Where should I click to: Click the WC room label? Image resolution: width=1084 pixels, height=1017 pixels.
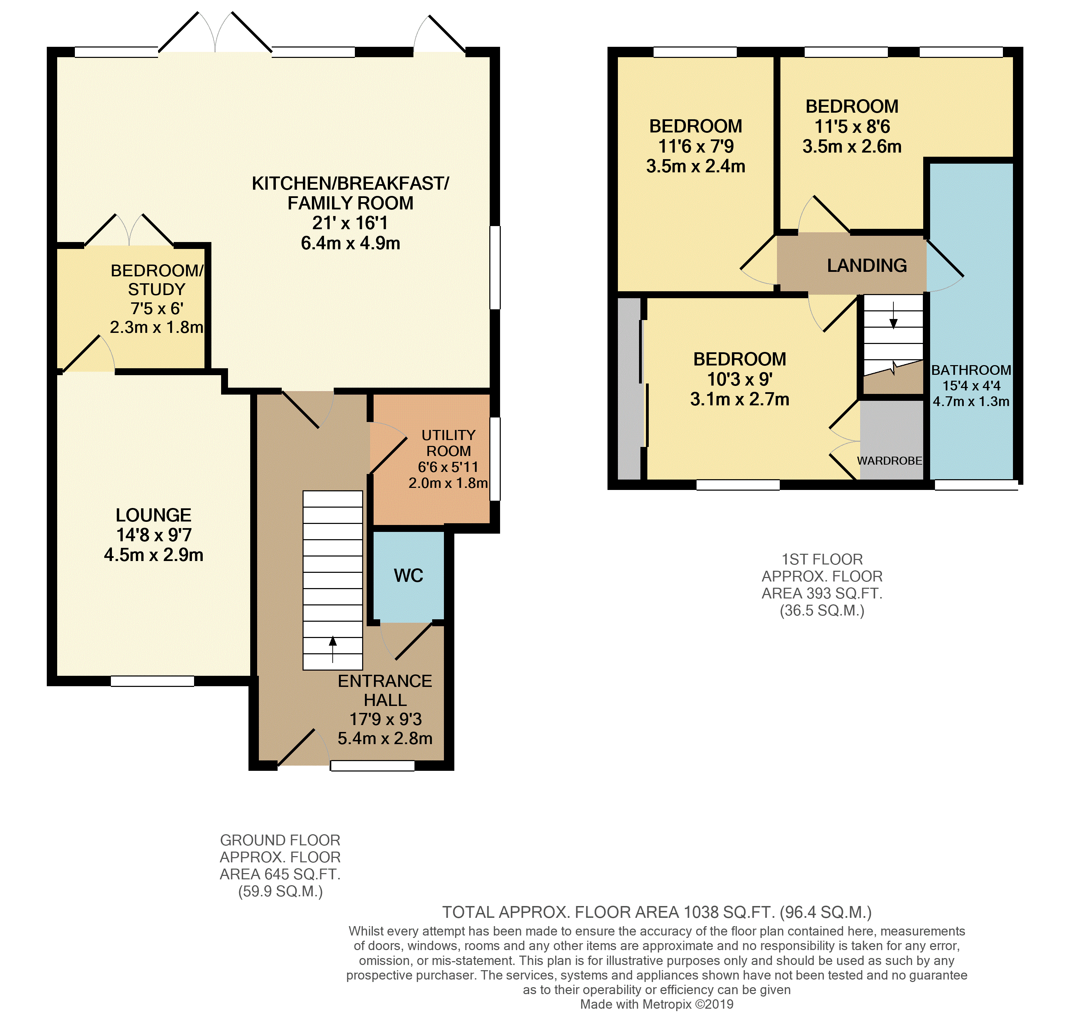pos(409,576)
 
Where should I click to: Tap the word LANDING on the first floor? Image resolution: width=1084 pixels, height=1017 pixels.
pos(867,266)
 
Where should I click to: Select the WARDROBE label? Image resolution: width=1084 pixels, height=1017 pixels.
pos(889,460)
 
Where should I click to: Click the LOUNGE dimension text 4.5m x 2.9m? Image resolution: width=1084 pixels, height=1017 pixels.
pos(154,555)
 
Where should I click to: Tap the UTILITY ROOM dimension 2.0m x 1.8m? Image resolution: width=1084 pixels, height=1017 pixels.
pos(448,483)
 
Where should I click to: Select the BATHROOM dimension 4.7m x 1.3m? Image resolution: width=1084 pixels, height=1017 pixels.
pos(971,402)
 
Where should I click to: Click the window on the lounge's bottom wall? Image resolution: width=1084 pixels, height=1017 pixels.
pos(153,681)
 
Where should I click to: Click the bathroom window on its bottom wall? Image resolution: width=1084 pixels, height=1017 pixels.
pos(976,484)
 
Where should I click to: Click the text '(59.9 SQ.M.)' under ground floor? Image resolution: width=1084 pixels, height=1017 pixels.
pos(280,891)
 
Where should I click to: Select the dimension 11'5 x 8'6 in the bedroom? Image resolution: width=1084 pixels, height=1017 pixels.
pos(852,127)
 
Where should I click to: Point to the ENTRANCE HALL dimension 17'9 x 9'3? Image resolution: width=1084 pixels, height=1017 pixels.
pos(385,719)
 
